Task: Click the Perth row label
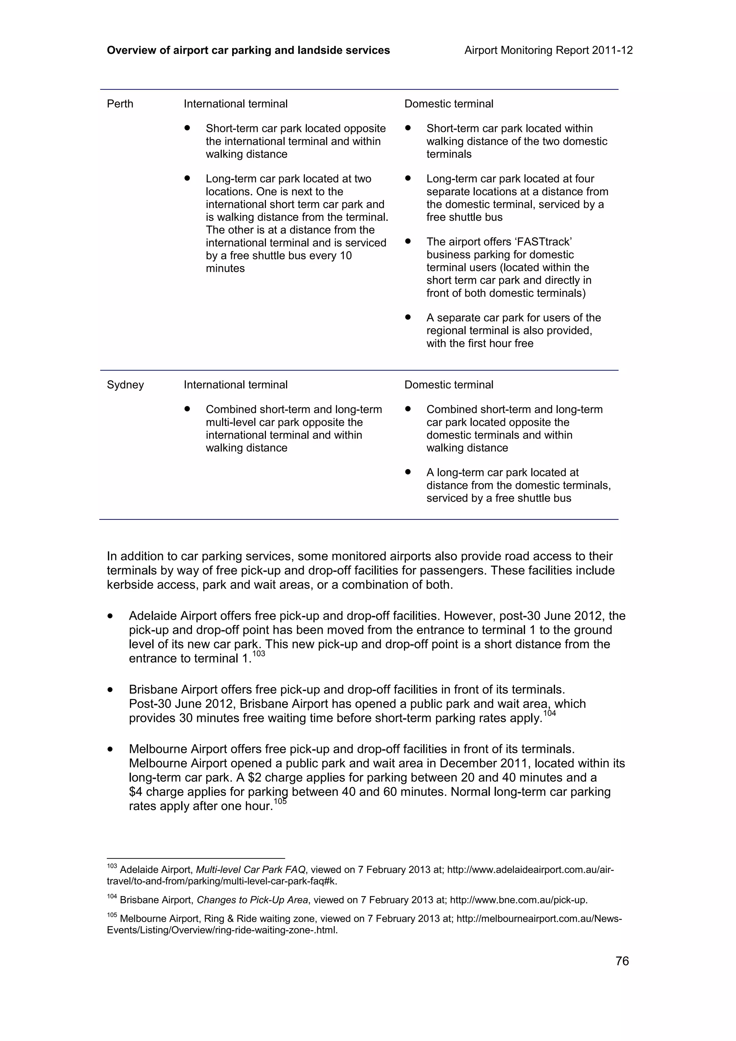tap(120, 104)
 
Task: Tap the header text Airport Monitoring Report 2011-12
tap(548, 50)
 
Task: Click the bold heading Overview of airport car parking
tap(248, 50)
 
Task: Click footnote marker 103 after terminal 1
tap(258, 654)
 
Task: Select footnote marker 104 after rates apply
tap(549, 713)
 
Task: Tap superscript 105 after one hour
tap(280, 801)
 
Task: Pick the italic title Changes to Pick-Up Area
tap(253, 900)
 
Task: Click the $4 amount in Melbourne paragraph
tap(135, 792)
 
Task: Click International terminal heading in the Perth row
tap(235, 104)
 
